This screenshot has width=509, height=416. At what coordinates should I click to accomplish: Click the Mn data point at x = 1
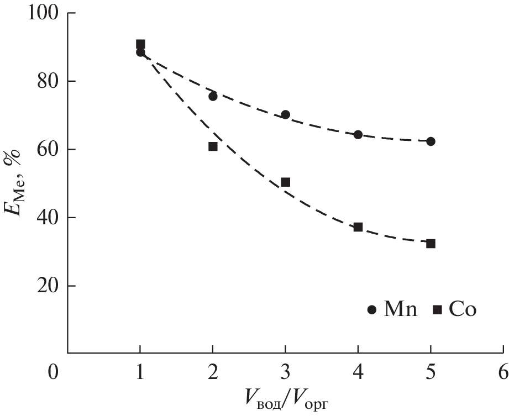point(140,52)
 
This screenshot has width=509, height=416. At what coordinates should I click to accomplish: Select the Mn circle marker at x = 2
point(213,96)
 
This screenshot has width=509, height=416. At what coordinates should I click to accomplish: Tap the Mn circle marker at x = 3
point(285,114)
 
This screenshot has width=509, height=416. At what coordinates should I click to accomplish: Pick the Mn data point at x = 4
point(358,135)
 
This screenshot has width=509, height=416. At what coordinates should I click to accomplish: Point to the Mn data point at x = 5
point(431,141)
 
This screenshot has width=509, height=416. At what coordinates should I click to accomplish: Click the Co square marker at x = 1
point(140,44)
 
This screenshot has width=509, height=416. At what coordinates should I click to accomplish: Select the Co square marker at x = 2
point(213,146)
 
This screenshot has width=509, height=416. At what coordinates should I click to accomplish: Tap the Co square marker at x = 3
point(285,182)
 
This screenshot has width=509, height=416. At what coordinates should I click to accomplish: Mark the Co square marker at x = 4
point(358,227)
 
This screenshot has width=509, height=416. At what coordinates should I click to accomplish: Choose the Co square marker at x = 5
point(431,244)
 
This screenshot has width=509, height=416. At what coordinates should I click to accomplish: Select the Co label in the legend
point(462,309)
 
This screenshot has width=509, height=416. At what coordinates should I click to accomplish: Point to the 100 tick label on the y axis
point(41,13)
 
